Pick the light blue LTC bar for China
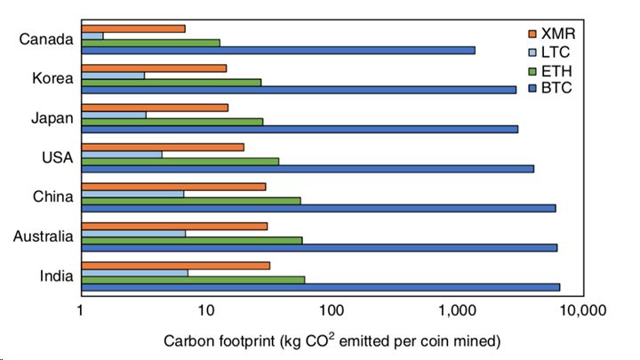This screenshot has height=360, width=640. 132,193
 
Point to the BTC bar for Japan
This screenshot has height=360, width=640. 299,129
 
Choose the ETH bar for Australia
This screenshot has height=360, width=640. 191,240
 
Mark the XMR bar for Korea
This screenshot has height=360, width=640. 153,68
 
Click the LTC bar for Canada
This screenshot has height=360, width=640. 92,36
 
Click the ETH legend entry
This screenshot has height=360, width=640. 556,71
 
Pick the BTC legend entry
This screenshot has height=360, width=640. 556,89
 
